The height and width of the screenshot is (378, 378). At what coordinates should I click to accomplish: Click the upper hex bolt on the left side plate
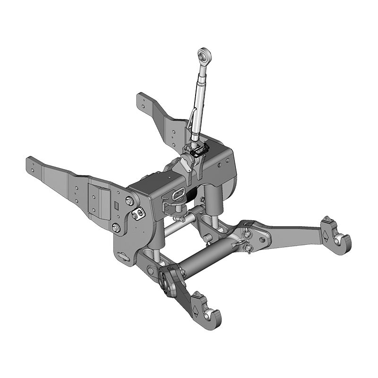pyautogui.click(x=129, y=202)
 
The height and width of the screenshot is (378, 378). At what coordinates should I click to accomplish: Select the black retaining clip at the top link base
pyautogui.click(x=200, y=151)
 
